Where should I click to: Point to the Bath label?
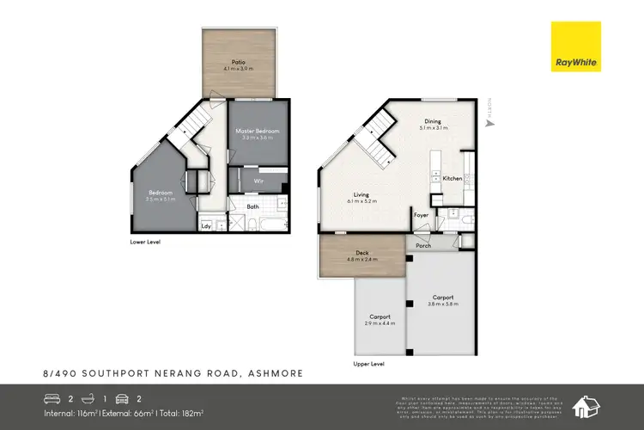point(252,206)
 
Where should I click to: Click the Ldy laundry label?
point(206,226)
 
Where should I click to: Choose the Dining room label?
point(433,121)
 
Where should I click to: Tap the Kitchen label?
point(453,178)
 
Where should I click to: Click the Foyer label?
point(421,215)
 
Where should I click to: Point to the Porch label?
point(422,246)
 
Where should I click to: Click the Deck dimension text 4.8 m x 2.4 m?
point(361,259)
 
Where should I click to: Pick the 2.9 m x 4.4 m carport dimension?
point(380,322)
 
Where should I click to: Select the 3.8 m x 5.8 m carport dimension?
point(442,304)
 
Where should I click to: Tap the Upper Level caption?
point(368,364)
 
